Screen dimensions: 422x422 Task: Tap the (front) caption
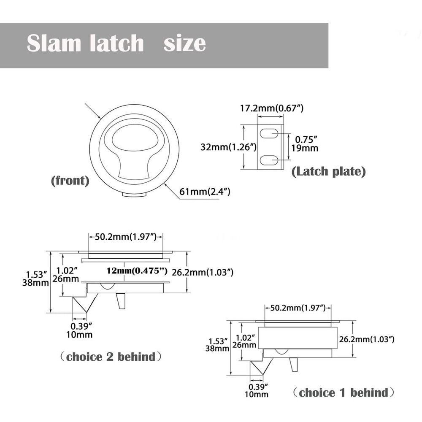(70, 181)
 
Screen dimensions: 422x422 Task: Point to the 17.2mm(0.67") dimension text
(272, 108)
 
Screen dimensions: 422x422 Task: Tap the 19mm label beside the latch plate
(305, 148)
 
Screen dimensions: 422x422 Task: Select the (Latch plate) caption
(328, 171)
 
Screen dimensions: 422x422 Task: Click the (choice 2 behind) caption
(111, 357)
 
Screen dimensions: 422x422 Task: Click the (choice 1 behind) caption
(344, 393)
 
